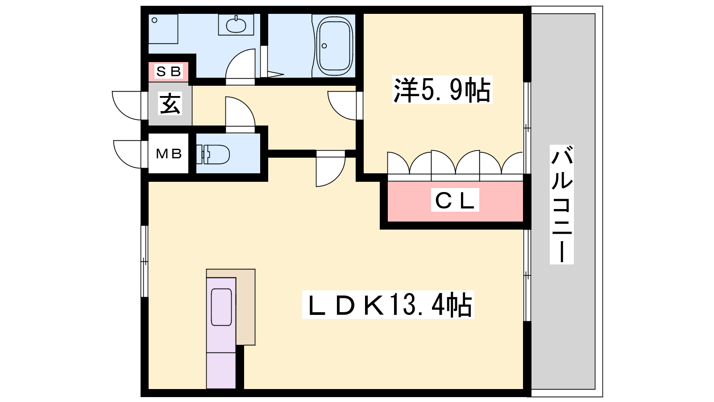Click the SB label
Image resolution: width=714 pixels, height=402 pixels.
pos(169,71)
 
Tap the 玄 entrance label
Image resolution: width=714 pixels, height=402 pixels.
pos(170,104)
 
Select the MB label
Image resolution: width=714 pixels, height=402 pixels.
pos(169,154)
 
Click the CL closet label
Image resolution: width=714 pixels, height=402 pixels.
pos(455,200)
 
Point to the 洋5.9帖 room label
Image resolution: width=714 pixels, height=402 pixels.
pos(442,90)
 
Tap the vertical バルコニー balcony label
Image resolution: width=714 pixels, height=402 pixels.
pos(561,204)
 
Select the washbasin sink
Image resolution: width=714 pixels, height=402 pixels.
pos(236,24)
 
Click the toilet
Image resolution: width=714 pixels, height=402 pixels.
pos(214,154)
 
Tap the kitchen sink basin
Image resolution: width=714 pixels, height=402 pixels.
pos(221,307)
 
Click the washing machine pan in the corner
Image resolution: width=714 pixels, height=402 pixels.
pos(163,29)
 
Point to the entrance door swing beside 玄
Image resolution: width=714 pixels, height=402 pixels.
pos(128,105)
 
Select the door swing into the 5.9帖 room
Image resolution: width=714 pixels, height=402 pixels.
pos(344,105)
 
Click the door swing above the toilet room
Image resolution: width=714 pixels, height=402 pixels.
pos(240,113)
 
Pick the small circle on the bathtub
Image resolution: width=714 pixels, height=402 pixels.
pos(324,46)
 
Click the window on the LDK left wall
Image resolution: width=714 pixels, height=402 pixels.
pos(144,261)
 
